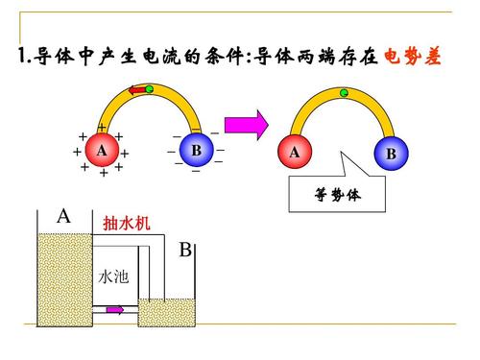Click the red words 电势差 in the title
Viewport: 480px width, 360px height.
[x=413, y=55]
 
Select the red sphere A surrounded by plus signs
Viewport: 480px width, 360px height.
[x=101, y=151]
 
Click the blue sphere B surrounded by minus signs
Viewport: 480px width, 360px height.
[x=196, y=150]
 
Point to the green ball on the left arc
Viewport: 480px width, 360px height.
[x=150, y=88]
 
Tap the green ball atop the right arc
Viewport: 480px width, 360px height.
[x=343, y=92]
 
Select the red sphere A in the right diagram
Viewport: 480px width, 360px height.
[x=295, y=153]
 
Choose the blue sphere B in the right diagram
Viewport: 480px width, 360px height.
[x=390, y=154]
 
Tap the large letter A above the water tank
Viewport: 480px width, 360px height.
[x=63, y=216]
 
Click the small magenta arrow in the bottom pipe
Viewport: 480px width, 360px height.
[x=114, y=309]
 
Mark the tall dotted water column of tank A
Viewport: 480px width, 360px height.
[x=63, y=279]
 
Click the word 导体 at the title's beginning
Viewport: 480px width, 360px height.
[x=51, y=55]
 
